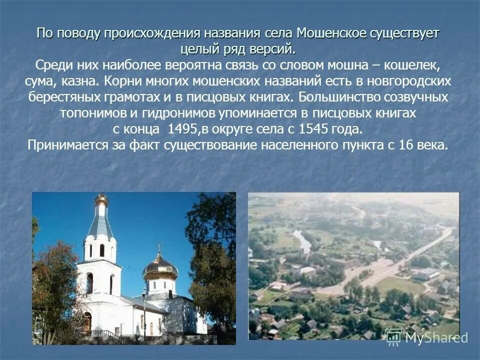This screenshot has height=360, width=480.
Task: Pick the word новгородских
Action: pos(409,81)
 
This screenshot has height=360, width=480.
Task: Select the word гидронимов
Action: pos(182,113)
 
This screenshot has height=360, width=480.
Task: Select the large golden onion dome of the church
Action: pos(160,268)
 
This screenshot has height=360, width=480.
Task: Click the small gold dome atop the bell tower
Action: pos(101,200)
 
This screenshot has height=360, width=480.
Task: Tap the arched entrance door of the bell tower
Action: pos(88,322)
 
